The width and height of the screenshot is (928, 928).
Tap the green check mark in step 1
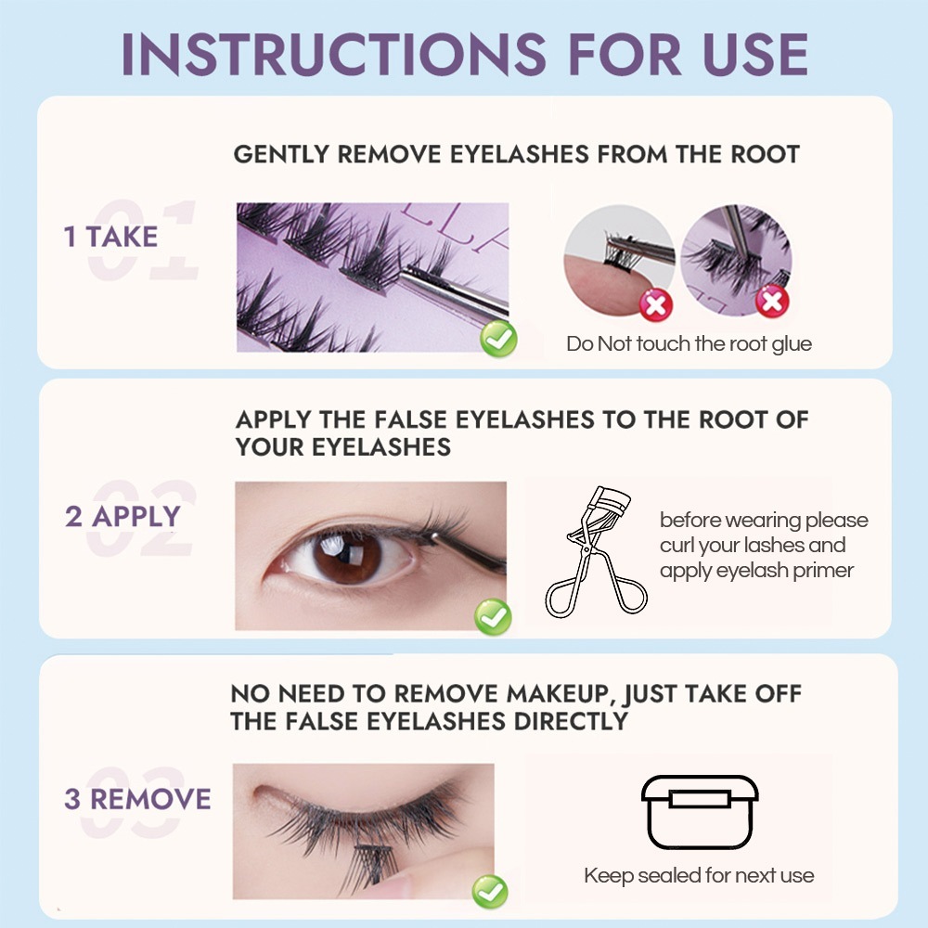498,339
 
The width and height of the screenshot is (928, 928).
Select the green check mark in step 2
493,617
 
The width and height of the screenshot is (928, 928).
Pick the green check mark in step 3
490,891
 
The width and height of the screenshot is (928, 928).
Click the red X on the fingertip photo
656,304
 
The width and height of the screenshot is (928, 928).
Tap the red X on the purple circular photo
772,302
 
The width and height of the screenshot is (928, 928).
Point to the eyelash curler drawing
596,551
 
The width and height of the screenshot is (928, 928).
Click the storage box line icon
700,812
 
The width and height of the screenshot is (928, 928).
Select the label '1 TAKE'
110,237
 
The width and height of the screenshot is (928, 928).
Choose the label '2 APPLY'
122,516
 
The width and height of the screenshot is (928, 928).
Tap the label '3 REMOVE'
137,799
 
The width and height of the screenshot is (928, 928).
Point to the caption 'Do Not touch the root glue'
689,344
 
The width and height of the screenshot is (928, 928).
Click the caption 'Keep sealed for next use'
699,875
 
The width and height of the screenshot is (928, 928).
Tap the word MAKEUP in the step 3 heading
558,693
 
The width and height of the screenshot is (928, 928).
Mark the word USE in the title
755,55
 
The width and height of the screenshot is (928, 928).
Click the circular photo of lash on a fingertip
619,261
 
